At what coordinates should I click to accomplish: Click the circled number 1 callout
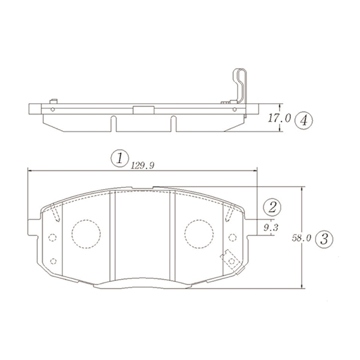coord(119,158)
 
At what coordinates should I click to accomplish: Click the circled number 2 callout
coord(272,208)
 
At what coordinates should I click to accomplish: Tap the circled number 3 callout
coord(324,239)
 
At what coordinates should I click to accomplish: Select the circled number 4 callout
coord(304,120)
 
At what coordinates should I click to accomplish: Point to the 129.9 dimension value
coord(142,166)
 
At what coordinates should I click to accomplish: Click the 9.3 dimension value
coord(271,228)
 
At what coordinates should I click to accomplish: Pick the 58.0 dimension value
coord(301,238)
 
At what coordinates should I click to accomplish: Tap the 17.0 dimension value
coord(279,118)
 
